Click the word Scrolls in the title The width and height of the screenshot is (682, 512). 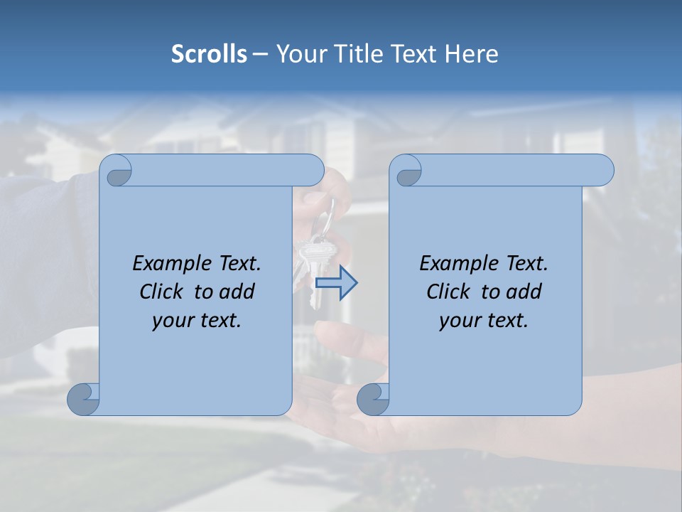pos(209,54)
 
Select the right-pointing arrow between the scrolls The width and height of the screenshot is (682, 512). pos(336,283)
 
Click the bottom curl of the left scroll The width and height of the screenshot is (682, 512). pos(84,400)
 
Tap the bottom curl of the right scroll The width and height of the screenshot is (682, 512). pos(373,400)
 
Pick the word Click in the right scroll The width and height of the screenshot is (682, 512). pos(448,292)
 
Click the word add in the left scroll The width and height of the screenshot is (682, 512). pos(237,292)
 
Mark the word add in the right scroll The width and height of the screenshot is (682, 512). pos(524,292)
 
